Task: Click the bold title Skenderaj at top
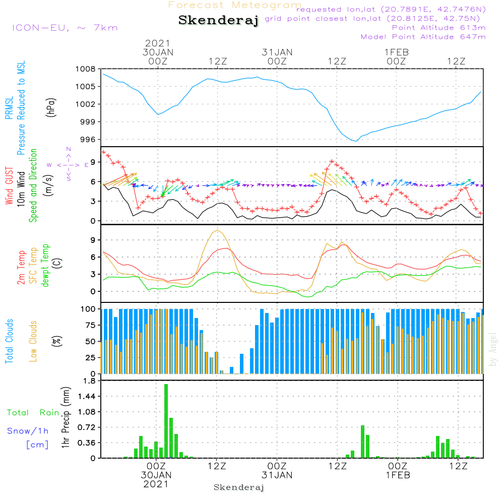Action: pos(218,21)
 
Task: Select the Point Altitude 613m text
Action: pos(438,28)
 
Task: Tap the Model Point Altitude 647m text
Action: pos(423,37)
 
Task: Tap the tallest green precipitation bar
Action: pos(166,421)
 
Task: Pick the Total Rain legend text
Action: pos(33,413)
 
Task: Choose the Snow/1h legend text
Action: pos(28,431)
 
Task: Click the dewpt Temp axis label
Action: pos(45,265)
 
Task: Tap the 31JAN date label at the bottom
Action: pos(277,475)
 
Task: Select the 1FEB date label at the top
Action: pos(397,52)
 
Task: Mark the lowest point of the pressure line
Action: pos(356,141)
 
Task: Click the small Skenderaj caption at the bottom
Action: pos(239,487)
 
